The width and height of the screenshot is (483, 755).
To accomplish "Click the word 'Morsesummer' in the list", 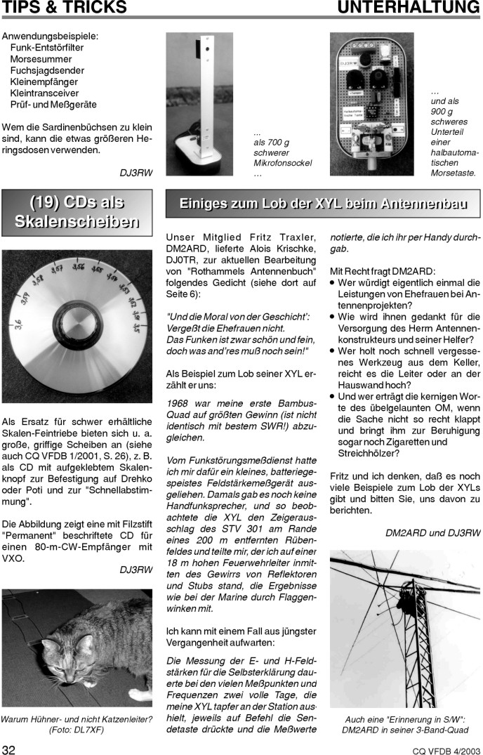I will pos(38,59).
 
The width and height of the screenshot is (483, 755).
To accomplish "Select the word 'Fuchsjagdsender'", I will pos(47,70).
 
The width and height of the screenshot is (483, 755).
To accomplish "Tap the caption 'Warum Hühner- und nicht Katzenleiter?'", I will pos(77,719).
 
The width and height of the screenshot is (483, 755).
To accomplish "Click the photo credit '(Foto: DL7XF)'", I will pos(77,730).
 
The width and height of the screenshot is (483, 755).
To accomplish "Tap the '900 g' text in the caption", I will pos(444,111).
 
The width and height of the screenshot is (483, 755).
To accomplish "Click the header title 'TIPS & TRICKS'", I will pos(64,8).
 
